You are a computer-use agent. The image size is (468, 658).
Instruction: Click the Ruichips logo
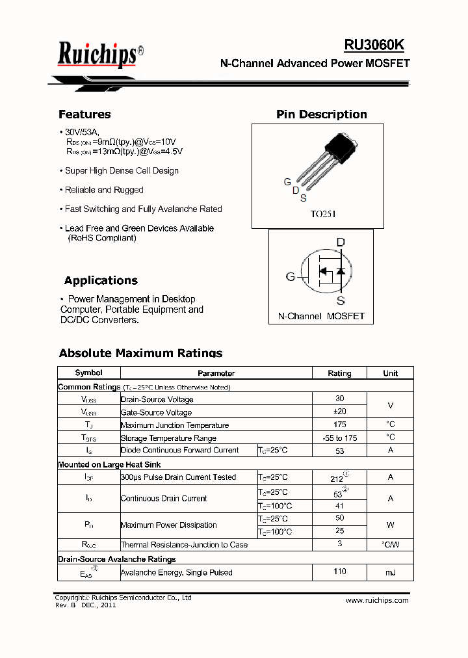tap(97, 54)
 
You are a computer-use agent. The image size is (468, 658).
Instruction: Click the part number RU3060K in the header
tap(374, 44)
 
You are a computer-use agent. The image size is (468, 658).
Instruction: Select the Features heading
tap(84, 114)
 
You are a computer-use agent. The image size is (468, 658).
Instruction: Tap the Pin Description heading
tap(321, 114)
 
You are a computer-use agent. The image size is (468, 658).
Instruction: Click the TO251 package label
tap(323, 213)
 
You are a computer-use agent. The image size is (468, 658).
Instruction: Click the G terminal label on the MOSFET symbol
tap(290, 276)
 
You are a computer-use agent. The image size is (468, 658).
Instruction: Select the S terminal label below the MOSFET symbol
tap(340, 300)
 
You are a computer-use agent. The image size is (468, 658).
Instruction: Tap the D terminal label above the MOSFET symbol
tap(340, 243)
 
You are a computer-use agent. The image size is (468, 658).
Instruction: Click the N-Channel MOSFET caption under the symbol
tap(321, 316)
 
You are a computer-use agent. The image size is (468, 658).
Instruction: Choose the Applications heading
tap(101, 281)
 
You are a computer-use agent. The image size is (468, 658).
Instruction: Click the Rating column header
tap(339, 373)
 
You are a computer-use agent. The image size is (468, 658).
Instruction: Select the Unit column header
tap(390, 373)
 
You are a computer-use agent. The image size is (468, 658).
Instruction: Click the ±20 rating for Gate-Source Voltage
tap(339, 412)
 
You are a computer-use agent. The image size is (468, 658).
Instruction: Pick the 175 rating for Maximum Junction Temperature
tap(339, 425)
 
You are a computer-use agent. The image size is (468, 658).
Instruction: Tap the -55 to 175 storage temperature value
tap(339, 438)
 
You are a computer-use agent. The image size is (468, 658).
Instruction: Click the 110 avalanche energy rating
tap(339, 572)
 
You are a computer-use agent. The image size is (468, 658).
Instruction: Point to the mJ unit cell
tap(390, 572)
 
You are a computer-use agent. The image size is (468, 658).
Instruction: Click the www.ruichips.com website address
tap(377, 600)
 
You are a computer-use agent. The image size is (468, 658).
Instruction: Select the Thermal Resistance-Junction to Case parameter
tap(184, 545)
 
